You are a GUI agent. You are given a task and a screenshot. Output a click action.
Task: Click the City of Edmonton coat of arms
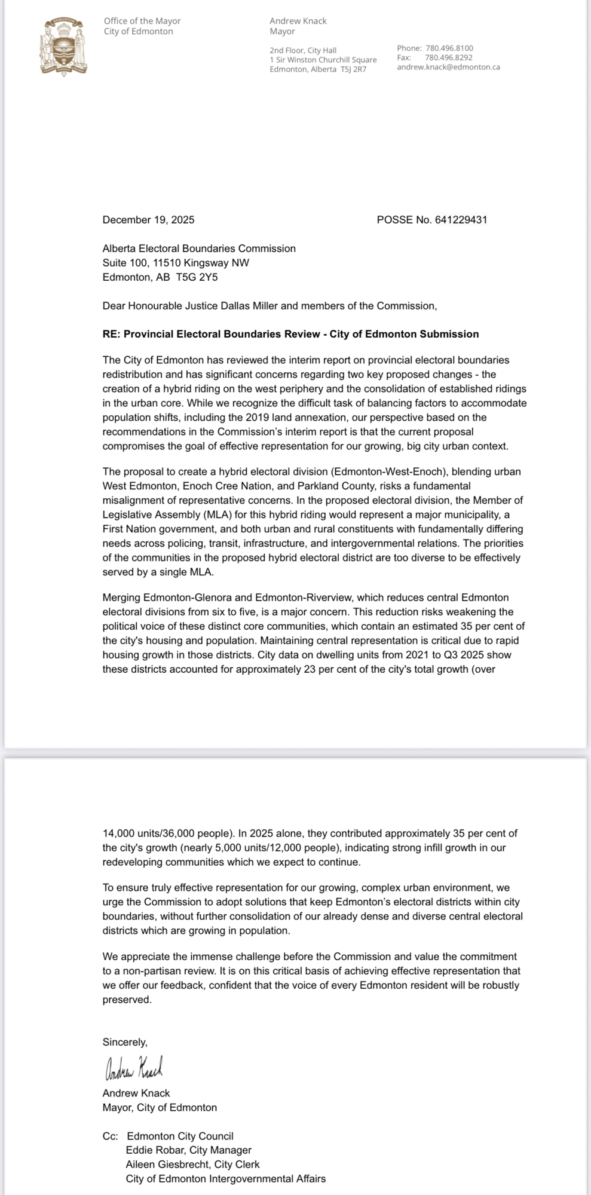[x=63, y=47]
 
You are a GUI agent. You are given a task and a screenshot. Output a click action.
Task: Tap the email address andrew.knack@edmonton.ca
[x=448, y=68]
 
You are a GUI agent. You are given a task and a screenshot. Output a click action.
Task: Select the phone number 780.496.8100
[x=449, y=48]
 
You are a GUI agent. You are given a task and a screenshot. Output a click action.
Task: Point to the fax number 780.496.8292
[x=449, y=58]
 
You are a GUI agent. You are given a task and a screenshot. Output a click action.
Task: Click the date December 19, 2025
[x=148, y=220]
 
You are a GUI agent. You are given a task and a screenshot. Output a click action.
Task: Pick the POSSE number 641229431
[x=461, y=220]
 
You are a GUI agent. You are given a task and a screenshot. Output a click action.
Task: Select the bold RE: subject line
[x=290, y=334]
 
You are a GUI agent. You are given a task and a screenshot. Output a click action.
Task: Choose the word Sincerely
[x=124, y=1042]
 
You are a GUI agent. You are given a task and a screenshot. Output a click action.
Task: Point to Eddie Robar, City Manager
[x=188, y=1150]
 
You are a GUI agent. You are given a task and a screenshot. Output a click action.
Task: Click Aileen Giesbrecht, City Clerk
[x=192, y=1165]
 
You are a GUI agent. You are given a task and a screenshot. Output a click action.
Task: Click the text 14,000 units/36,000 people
[x=167, y=833]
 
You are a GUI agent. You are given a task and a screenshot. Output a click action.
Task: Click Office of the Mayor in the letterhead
[x=142, y=21]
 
